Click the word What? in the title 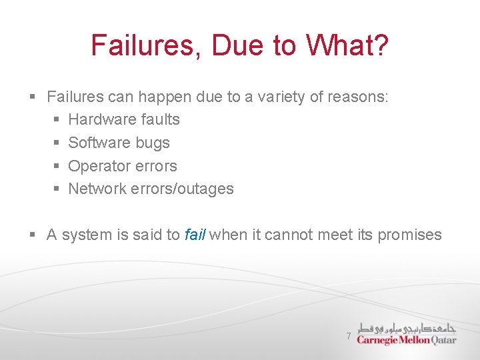coord(347,45)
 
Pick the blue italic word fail coord(195,235)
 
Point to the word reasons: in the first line coord(360,97)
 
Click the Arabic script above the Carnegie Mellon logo coord(407,327)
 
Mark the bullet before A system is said coord(33,235)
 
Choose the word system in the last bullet coord(82,235)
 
